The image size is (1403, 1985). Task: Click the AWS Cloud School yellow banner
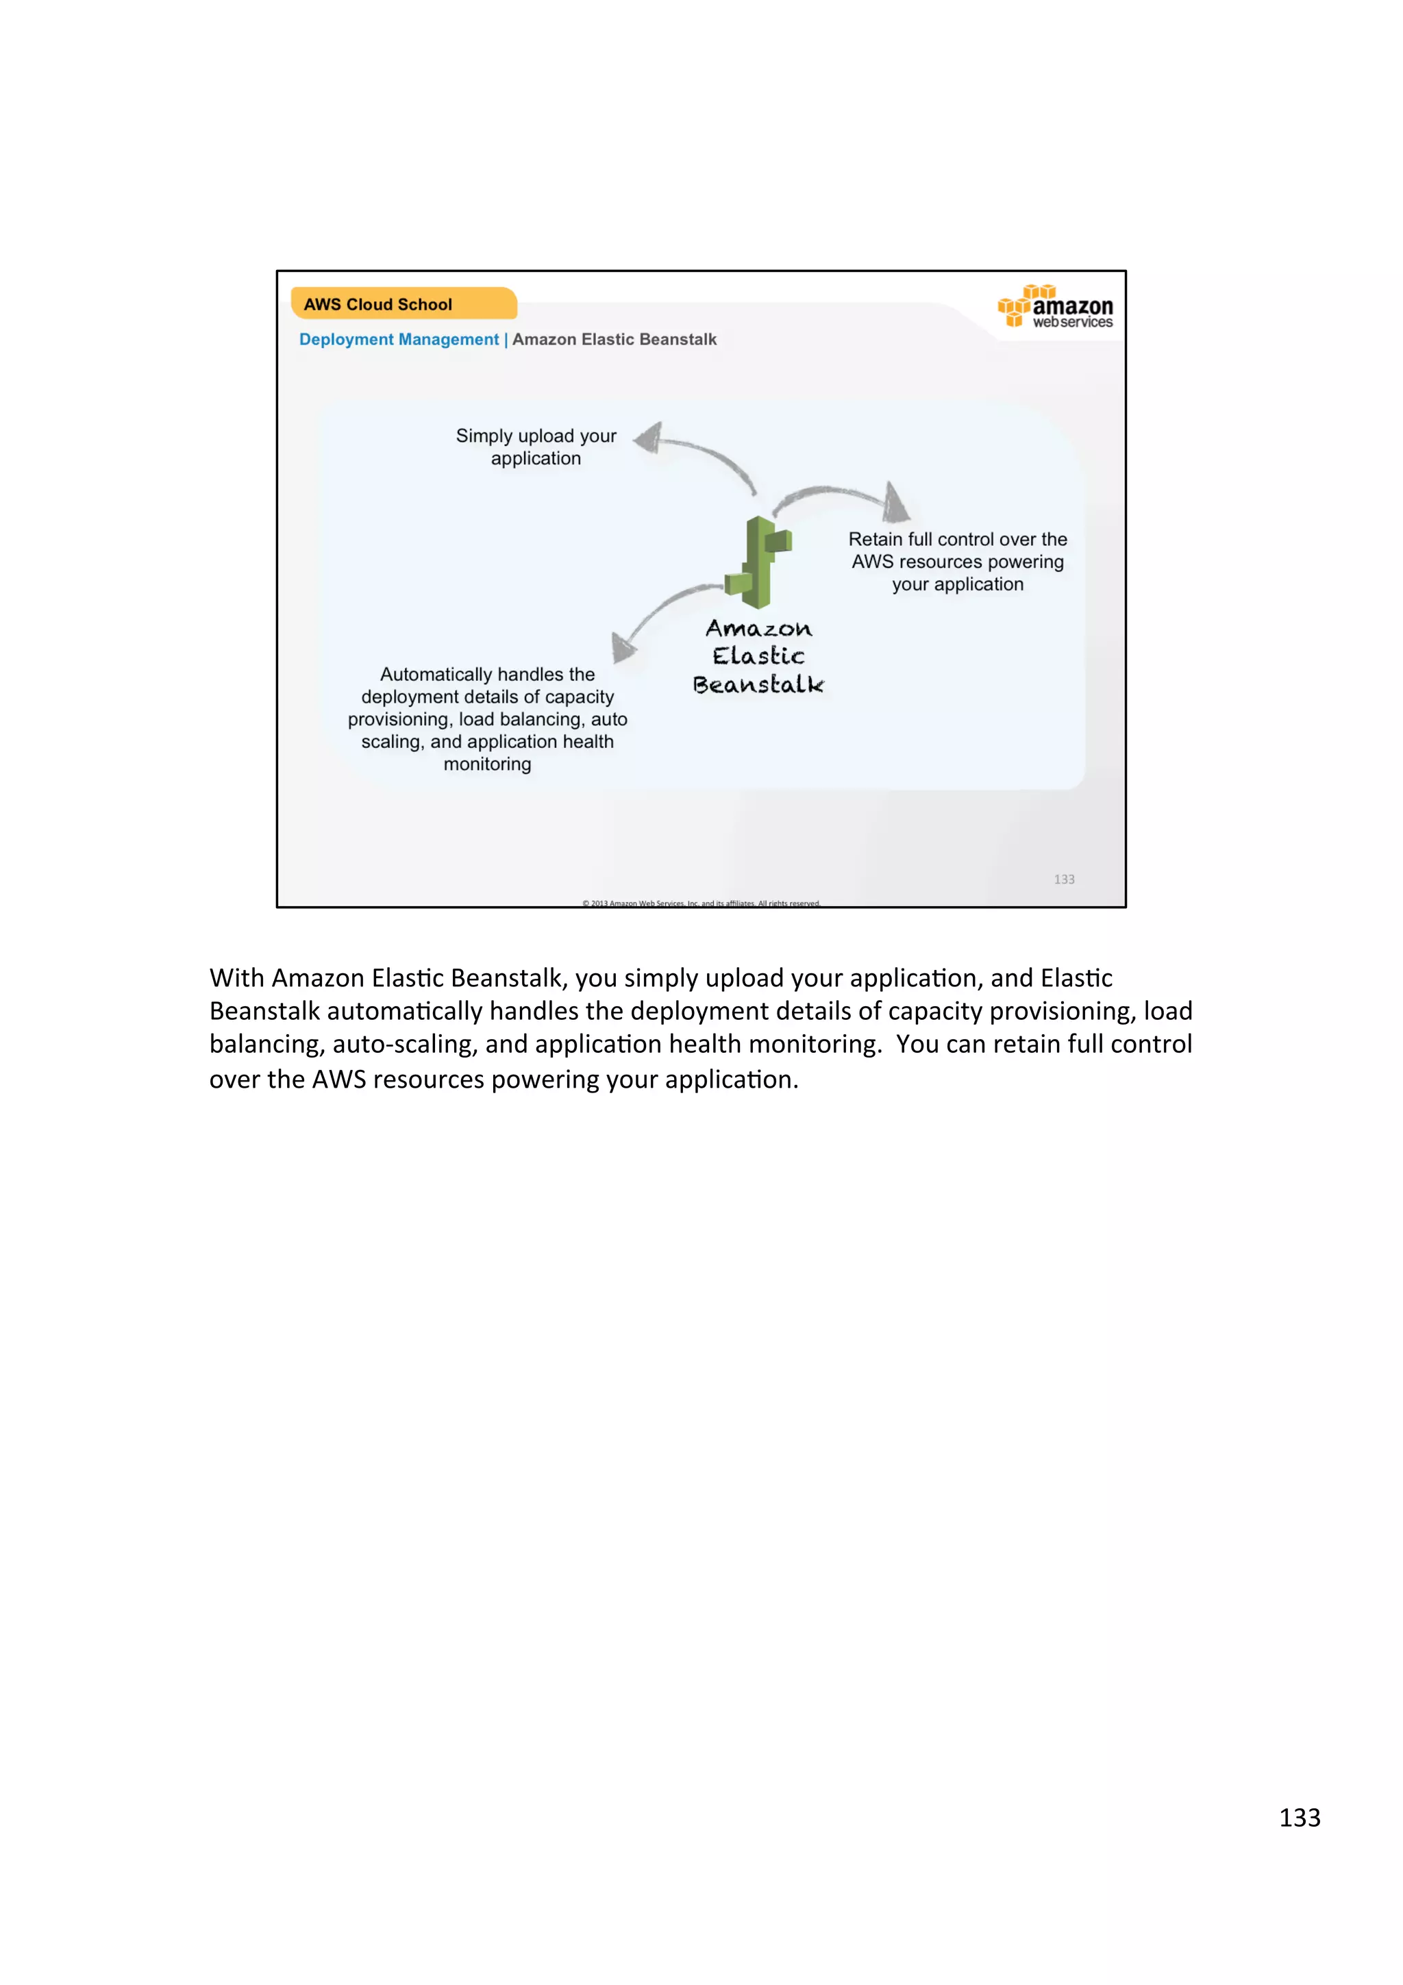coord(403,303)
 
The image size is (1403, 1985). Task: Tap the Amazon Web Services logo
coord(1056,307)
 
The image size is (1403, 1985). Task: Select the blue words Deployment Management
coord(399,339)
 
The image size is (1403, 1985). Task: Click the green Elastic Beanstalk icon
coord(758,561)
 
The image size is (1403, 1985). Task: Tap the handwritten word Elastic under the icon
coord(758,656)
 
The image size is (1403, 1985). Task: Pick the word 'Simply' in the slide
coord(484,436)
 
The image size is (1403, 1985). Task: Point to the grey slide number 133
coord(1063,879)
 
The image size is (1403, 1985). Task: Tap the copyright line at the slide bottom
coord(701,903)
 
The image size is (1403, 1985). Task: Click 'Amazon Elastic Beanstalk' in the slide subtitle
coord(614,339)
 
